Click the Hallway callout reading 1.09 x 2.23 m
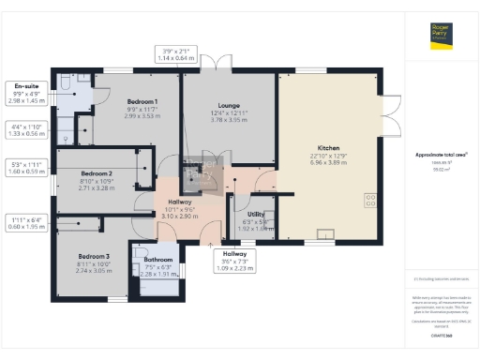click(x=233, y=261)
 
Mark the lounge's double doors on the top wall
click(x=220, y=66)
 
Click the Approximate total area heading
click(x=442, y=154)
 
